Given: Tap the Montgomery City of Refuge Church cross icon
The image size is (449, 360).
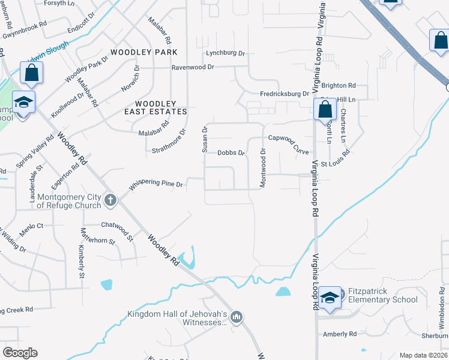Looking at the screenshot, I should (110, 200).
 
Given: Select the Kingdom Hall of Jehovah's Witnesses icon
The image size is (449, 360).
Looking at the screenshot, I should (237, 317).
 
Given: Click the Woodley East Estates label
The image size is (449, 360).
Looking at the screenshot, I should (156, 107).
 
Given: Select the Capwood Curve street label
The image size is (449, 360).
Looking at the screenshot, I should (288, 143).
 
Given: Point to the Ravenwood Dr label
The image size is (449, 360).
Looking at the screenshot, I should (193, 67).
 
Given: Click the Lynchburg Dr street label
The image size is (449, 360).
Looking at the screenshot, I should (226, 53).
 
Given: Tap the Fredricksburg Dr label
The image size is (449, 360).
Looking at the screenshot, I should (284, 94).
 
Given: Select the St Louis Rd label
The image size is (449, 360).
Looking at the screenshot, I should (335, 163).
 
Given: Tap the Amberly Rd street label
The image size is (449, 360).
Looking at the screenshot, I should (340, 334).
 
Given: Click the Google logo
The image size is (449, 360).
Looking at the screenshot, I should (20, 353).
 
